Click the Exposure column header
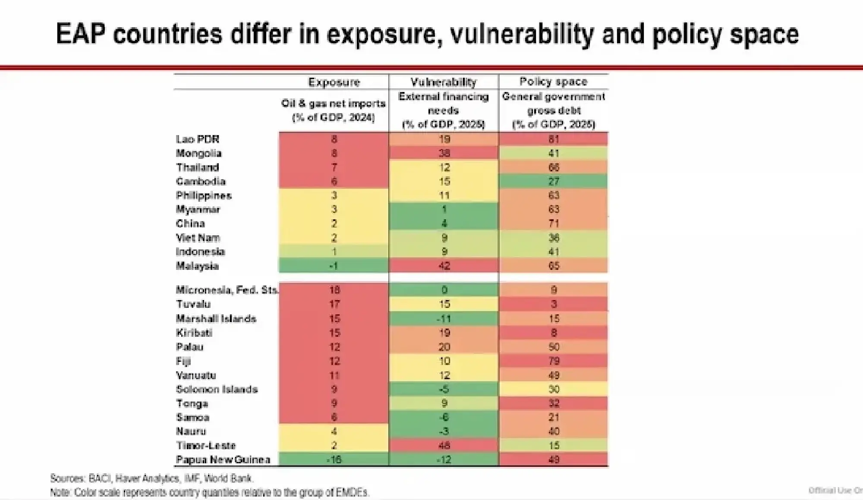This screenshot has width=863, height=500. pos(334,82)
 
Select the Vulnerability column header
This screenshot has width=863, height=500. pos(443,82)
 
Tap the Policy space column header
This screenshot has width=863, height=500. pos(553,82)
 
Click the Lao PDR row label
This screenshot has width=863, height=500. pos(198,139)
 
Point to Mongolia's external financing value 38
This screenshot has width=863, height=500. pos(444,153)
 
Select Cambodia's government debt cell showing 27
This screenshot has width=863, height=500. pos(554,181)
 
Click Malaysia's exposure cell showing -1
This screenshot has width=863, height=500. pos(334,266)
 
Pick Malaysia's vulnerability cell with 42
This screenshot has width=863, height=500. pos(444,266)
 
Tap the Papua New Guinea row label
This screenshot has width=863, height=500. pos(223,460)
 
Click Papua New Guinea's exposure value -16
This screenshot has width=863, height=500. pos(334,460)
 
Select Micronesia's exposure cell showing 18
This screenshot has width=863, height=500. pos(334,290)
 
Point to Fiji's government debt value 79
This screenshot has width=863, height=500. pos(554,361)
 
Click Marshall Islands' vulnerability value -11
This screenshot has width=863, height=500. pos(444,319)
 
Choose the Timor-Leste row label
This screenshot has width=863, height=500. pos(206,446)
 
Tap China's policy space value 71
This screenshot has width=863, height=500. pos(554,224)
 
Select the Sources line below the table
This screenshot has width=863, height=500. pos(151,478)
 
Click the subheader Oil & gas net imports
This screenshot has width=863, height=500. pos(333,104)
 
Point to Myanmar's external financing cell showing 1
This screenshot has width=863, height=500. pos(444,209)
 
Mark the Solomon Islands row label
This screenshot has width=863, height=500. pos(217,389)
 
